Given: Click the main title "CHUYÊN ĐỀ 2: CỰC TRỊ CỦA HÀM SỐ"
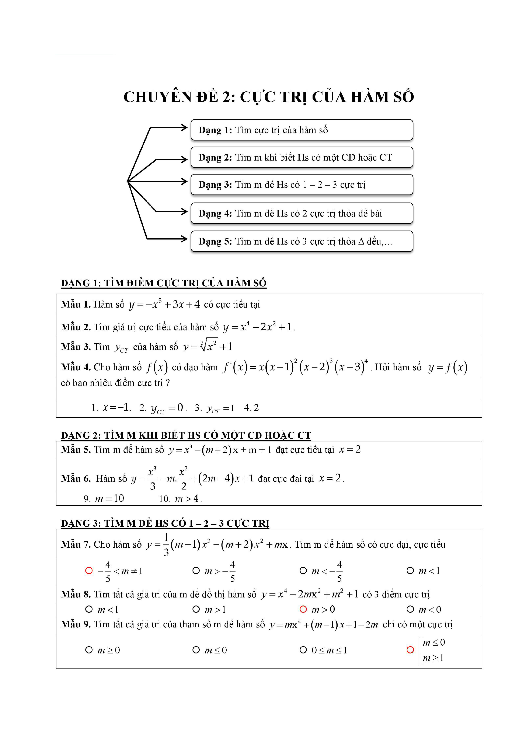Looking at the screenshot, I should pyautogui.click(x=269, y=97).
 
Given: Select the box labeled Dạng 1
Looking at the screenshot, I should pyautogui.click(x=302, y=130).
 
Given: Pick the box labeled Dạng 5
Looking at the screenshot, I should pyautogui.click(x=302, y=241).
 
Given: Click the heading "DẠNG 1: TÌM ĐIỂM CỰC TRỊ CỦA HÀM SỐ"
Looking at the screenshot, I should pyautogui.click(x=163, y=283).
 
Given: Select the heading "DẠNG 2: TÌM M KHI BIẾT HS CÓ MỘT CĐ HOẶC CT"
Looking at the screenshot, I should pyautogui.click(x=186, y=435).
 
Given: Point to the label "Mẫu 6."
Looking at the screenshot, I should pyautogui.click(x=76, y=479).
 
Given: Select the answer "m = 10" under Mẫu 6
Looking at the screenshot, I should pyautogui.click(x=109, y=498).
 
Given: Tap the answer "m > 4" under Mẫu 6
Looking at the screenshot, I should pyautogui.click(x=188, y=498).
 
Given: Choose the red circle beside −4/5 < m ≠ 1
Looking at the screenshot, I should pyautogui.click(x=89, y=571).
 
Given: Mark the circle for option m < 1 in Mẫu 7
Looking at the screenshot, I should pyautogui.click(x=410, y=571).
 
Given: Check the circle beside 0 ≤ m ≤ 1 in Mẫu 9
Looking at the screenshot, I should pyautogui.click(x=303, y=650).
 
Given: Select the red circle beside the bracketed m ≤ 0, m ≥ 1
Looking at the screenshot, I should pyautogui.click(x=410, y=650).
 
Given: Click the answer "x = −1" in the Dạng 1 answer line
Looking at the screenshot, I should pyautogui.click(x=116, y=407).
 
